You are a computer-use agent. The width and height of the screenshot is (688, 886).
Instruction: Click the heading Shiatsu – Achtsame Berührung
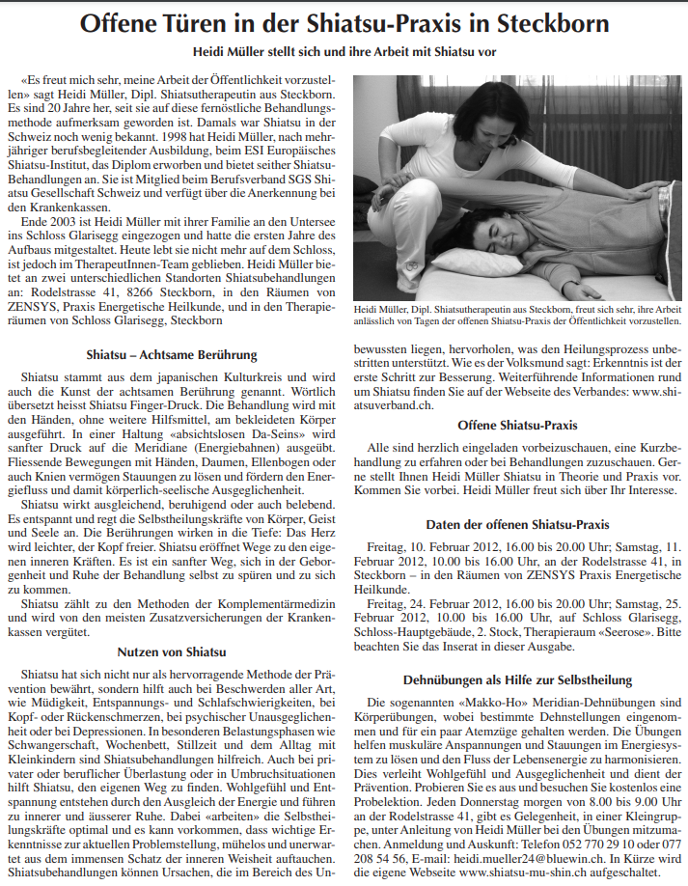tap(172, 355)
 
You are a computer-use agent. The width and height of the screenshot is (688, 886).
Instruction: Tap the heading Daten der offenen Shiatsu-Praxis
tap(517, 525)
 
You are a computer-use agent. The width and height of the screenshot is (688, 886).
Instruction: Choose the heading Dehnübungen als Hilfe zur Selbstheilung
tap(517, 680)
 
